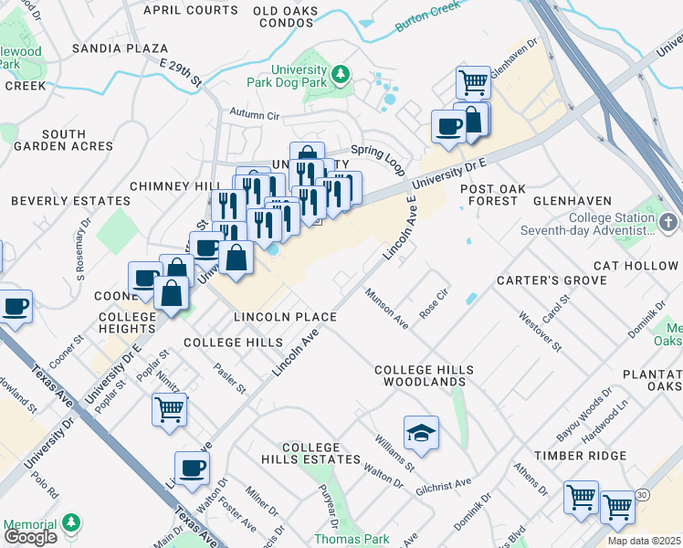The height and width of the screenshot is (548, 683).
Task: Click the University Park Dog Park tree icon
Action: pos(341,73)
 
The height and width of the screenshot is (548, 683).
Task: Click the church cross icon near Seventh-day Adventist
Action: pos(669,223)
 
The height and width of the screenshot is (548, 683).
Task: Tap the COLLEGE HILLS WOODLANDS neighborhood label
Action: pos(426,375)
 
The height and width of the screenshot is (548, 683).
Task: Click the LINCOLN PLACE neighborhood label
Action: pos(285,317)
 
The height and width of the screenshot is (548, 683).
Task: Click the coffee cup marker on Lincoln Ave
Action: pos(192,468)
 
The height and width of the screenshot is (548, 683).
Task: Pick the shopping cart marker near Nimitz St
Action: pos(169,409)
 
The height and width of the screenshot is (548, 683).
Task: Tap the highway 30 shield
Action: pos(644,494)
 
